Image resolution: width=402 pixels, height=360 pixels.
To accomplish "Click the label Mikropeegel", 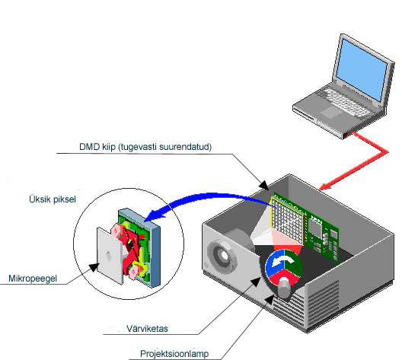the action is click(x=33, y=279).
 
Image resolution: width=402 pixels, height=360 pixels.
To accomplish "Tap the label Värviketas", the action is click(x=147, y=329).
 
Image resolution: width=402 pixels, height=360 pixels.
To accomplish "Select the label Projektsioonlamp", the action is click(x=174, y=354).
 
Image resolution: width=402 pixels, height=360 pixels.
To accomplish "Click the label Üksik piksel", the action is click(x=53, y=199).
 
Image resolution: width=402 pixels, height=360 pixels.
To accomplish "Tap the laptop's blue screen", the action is click(x=361, y=70).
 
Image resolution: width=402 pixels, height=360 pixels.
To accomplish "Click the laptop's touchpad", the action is click(x=331, y=113).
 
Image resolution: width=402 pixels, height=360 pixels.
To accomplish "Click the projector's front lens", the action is click(x=222, y=256).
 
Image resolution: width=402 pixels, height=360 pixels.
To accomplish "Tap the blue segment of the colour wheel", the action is click(x=274, y=265).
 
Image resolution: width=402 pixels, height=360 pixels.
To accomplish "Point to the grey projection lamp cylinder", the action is click(x=284, y=288).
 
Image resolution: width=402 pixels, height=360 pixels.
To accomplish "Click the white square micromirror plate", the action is click(x=110, y=256).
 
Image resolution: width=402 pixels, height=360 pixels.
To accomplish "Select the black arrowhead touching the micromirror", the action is click(x=94, y=267).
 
